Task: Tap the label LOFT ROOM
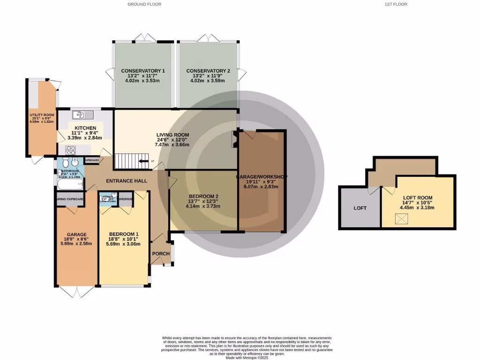point(416,198)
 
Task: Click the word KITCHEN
point(85,128)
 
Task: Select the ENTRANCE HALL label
point(127,181)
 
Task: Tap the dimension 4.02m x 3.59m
point(208,81)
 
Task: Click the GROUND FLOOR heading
point(144,4)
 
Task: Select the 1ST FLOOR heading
point(396,4)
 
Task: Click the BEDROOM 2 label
point(203,196)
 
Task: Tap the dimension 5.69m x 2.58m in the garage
point(76,244)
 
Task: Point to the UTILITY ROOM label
point(42,115)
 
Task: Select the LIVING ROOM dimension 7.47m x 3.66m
point(173,145)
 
